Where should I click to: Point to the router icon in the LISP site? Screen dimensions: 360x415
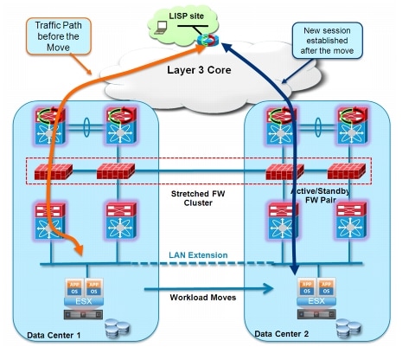click(x=204, y=40)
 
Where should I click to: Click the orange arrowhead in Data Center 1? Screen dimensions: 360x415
click(x=79, y=250)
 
